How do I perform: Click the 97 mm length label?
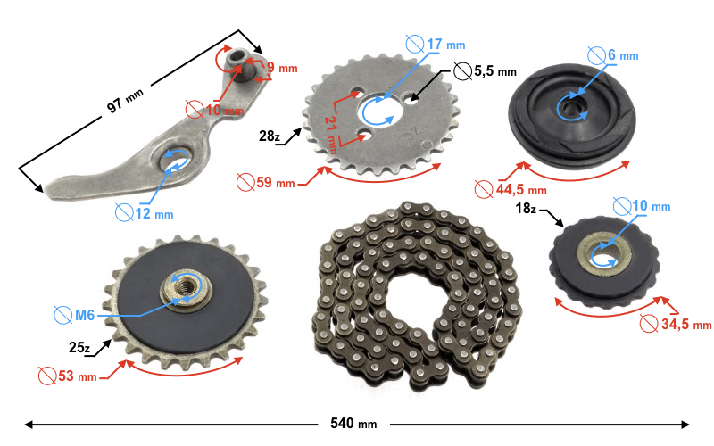[x=125, y=101]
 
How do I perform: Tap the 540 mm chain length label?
[x=353, y=424]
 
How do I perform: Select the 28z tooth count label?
[x=270, y=136]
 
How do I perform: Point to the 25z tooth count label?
[x=79, y=348]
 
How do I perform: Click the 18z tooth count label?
[x=526, y=209]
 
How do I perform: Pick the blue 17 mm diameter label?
[x=436, y=45]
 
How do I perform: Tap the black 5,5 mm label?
[x=485, y=71]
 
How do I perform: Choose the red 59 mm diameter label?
[x=265, y=183]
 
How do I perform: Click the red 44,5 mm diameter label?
[x=511, y=189]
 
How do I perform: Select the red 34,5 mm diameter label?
[x=676, y=324]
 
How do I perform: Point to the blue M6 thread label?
[x=74, y=315]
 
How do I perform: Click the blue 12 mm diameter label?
[x=144, y=213]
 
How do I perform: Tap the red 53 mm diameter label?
[x=68, y=376]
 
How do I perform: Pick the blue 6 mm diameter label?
[x=613, y=55]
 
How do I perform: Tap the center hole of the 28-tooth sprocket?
[x=378, y=111]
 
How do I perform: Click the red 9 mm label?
[x=282, y=68]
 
